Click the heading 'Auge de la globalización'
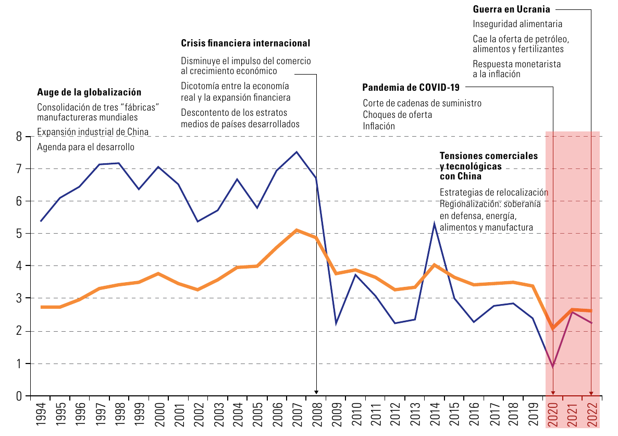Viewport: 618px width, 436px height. [89, 92]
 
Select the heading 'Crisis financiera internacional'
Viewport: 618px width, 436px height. [245, 43]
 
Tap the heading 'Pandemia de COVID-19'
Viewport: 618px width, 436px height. [411, 87]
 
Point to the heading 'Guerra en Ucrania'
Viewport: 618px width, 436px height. [512, 9]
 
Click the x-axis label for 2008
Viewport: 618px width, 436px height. [317, 414]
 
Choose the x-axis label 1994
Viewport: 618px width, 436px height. [41, 414]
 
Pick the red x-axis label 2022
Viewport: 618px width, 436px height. [593, 414]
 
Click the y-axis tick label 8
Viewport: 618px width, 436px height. [19, 137]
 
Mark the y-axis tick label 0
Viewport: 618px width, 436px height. [19, 396]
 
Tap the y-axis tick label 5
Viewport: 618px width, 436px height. [19, 234]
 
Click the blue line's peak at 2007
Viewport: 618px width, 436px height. [297, 152]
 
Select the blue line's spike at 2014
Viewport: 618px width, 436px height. [435, 224]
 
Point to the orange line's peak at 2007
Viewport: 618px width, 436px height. [297, 229]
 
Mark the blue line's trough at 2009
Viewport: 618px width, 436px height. [336, 323]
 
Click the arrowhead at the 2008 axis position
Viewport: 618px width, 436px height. [316, 392]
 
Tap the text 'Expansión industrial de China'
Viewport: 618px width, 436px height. [93, 132]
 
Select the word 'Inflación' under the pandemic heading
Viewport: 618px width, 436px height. [379, 126]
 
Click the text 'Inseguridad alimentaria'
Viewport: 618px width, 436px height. [517, 24]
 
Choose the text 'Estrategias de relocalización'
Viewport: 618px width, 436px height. [494, 192]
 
